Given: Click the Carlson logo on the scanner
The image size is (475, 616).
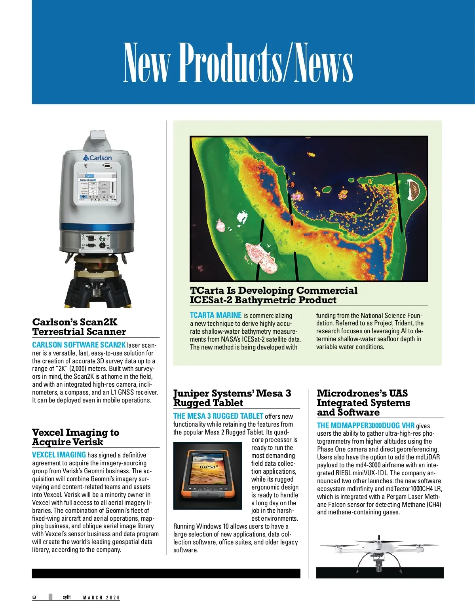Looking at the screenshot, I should pos(97,158).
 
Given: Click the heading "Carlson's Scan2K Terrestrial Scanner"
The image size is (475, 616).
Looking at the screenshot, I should pos(79,327).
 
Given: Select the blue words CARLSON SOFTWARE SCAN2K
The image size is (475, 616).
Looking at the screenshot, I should pos(79,345).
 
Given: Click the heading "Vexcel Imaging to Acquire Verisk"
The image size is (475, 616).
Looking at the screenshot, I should pos(76,437).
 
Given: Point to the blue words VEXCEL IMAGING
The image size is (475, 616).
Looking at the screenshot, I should pos(59,455).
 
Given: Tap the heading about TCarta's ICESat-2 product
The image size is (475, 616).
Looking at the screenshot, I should pos(273,295).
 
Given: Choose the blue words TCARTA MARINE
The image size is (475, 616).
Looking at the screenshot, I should pos(216,315).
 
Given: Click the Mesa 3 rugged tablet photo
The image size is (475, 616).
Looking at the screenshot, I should pos(208,475).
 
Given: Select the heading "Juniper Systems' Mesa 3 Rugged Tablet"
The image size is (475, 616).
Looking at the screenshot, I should pos(232,398).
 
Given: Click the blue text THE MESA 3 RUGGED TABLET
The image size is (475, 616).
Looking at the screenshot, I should pos(218,416).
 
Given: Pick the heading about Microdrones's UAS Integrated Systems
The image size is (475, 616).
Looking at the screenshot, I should pos(363,403).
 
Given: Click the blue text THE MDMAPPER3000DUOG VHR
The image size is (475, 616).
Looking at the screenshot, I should pos(366,425).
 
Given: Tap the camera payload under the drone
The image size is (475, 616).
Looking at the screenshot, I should pos(379,563).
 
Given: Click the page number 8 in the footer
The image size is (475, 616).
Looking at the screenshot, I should pos(34,597).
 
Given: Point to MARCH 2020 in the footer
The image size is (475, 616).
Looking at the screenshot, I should pos(101,597).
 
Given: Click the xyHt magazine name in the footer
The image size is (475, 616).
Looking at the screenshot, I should pos(66,597).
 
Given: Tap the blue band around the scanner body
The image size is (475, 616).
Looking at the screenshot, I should pos(97,227).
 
